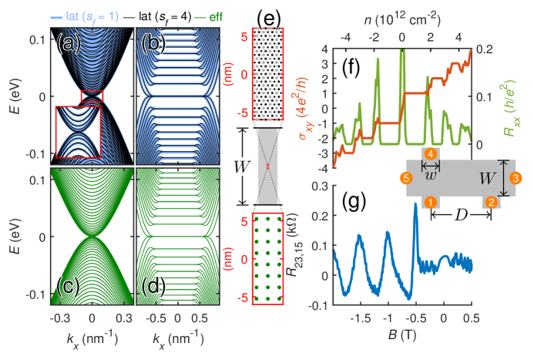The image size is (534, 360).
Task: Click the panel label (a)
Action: coord(69,44)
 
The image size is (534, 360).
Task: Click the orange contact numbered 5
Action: coord(405,179)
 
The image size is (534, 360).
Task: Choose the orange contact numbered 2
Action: coord(490,202)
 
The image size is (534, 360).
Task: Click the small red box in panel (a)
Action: coord(92,95)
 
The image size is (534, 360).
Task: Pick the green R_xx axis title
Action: coord(514,96)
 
